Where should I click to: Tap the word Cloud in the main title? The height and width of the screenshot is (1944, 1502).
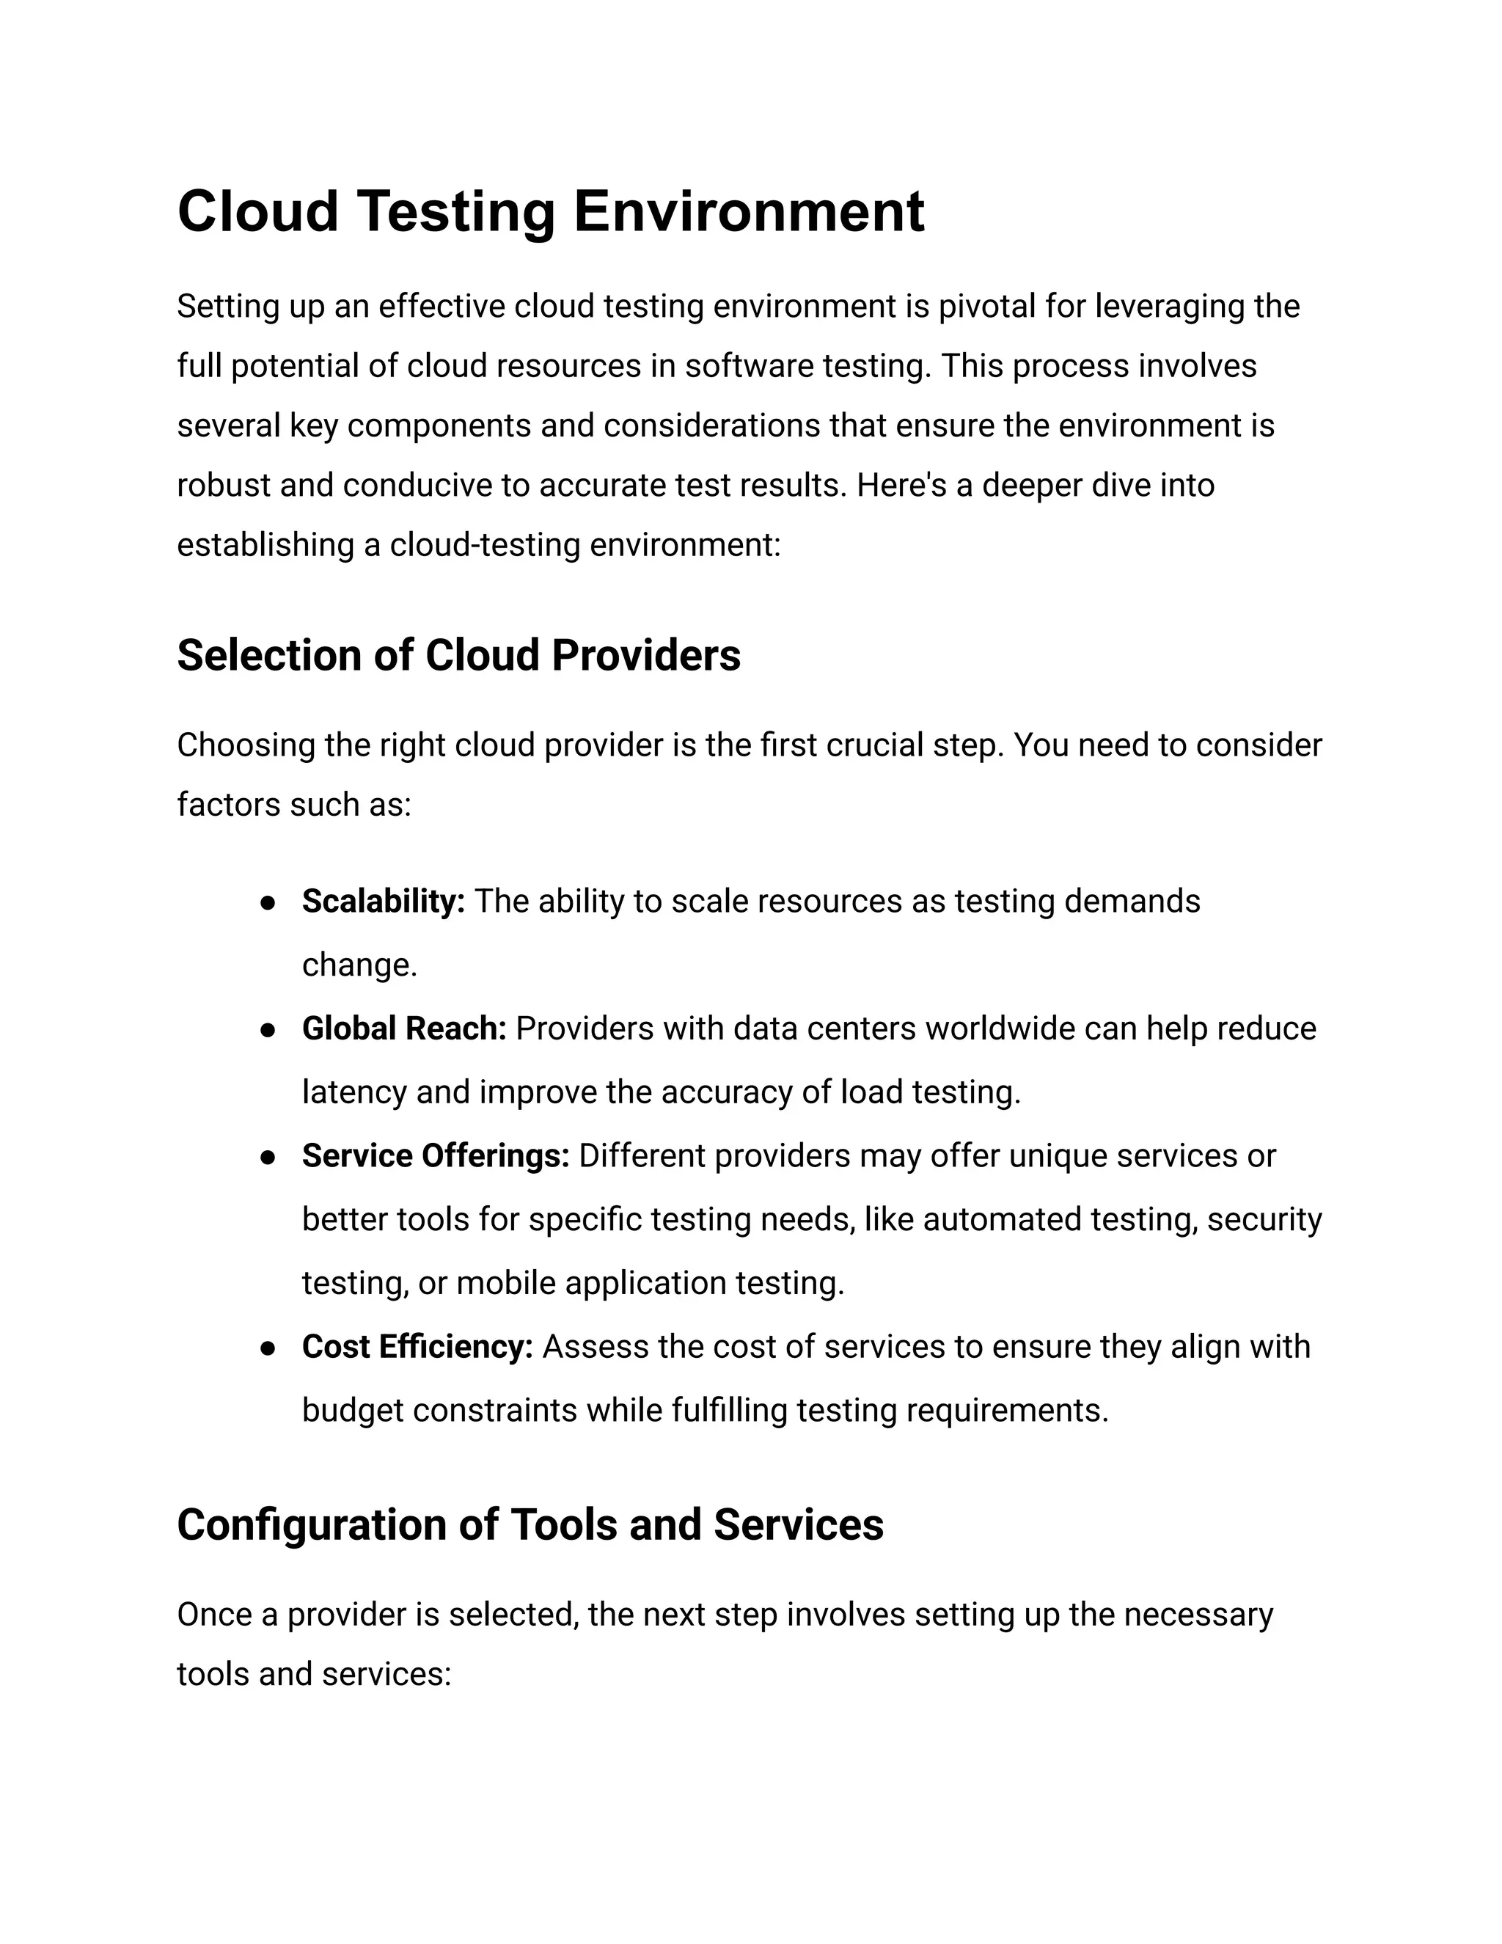pyautogui.click(x=258, y=212)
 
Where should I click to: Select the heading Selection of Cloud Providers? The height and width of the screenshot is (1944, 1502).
pyautogui.click(x=458, y=655)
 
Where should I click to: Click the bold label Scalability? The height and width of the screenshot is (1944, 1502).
pyautogui.click(x=384, y=901)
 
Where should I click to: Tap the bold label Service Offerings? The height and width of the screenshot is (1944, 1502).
pyautogui.click(x=435, y=1155)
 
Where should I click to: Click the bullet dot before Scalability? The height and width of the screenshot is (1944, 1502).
pyautogui.click(x=267, y=902)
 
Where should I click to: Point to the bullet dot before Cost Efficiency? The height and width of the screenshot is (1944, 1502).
pyautogui.click(x=267, y=1348)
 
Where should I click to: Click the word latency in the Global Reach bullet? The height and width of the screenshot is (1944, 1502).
pyautogui.click(x=354, y=1092)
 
